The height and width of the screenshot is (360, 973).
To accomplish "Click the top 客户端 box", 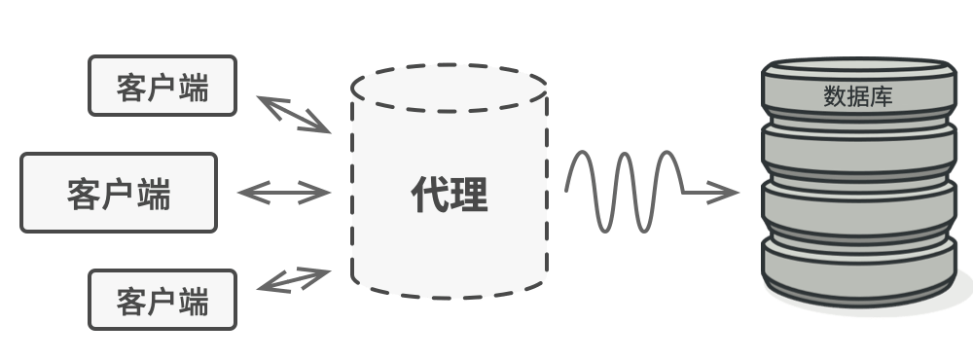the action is coord(162,86).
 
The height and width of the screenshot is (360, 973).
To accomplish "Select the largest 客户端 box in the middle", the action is coord(119,193).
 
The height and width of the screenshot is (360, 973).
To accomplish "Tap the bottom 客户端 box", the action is coord(162,299).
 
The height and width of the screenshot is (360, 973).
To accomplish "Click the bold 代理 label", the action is coord(450,195).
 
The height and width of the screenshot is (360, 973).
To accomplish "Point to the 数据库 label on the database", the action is coord(858,96).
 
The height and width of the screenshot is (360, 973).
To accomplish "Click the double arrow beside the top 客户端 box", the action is coord(294,115).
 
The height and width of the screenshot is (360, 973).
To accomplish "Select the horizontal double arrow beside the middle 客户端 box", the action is coord(283,193).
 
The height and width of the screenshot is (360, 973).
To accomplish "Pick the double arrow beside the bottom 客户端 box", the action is coord(294,280).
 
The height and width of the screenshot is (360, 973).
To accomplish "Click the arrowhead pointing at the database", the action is coord(723,193).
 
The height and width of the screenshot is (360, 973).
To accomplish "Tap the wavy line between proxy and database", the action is coord(625,192).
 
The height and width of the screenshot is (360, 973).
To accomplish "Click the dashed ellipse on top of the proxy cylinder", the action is coord(449,89).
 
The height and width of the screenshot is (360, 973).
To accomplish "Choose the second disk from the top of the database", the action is coord(859,149).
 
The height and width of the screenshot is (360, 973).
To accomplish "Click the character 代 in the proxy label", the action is coord(429,195).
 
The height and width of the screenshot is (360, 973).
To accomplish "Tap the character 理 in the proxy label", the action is coord(469,195).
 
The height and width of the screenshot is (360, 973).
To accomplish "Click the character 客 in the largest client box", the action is coord(84,195).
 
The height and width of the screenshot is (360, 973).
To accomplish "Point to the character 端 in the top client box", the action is coord(194,88).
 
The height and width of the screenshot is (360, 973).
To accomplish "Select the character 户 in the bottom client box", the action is coord(162,301).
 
